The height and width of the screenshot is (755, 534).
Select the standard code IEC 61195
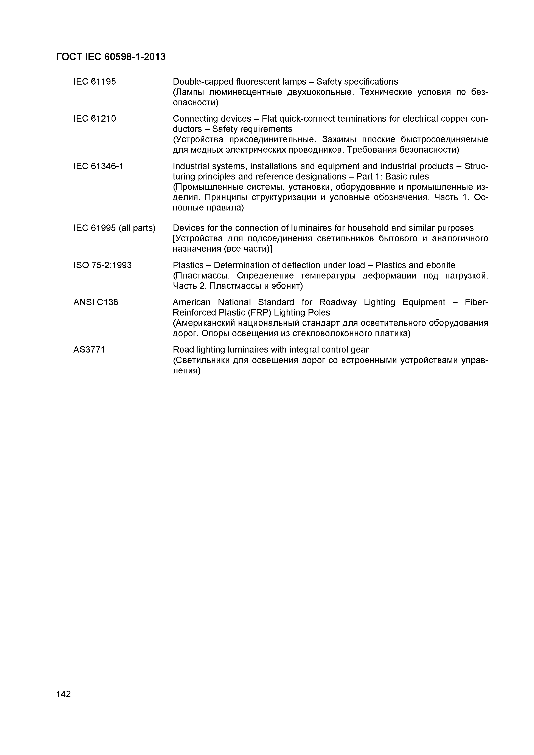(95, 82)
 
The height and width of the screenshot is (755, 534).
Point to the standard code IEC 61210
(95, 119)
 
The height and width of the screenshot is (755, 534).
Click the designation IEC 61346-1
(98, 166)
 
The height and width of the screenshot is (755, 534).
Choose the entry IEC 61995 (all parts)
(115, 228)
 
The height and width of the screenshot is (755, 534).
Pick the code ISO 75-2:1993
(102, 265)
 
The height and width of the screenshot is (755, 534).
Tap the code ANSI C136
(96, 302)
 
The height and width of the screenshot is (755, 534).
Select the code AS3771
(89, 350)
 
